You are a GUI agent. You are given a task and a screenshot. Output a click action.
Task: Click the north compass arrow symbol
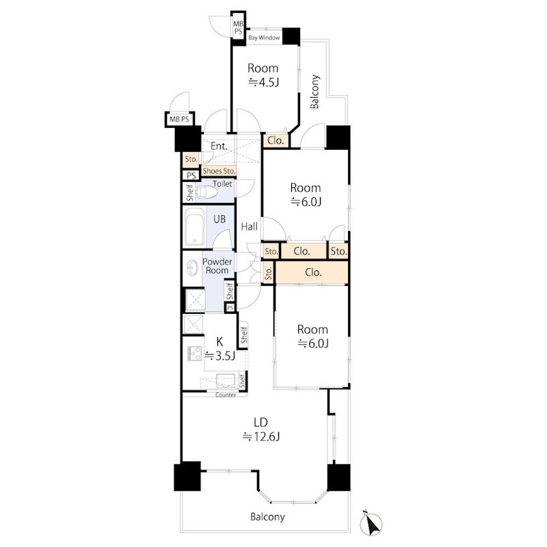[371, 523]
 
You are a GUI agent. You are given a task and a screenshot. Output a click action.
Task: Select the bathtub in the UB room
[194, 227]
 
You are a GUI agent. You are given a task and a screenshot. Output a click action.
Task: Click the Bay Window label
[264, 38]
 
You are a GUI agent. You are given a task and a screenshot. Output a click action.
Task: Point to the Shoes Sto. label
[219, 171]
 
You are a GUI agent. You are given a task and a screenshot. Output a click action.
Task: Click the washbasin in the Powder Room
[192, 268]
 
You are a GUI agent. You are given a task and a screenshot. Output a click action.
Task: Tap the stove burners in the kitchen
[195, 353]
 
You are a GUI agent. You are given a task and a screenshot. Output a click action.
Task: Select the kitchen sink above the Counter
[226, 381]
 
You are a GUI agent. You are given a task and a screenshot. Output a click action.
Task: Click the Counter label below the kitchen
[226, 395]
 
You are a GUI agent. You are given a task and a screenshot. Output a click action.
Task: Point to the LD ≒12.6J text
[261, 429]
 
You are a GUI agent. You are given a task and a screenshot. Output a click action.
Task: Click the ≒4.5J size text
[263, 82]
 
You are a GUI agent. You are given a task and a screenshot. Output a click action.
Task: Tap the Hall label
[249, 227]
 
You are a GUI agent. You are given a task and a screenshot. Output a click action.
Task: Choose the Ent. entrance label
[219, 146]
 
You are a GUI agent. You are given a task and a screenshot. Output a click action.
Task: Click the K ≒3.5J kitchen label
[219, 348]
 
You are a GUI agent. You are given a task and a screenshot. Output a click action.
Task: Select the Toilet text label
[222, 183]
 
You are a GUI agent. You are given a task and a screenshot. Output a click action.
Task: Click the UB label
[219, 219]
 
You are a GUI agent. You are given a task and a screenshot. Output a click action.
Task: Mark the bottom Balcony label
[267, 517]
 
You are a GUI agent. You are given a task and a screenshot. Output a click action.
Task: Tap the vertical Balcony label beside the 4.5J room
[315, 92]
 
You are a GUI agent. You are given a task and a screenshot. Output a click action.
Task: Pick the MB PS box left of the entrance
[179, 119]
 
